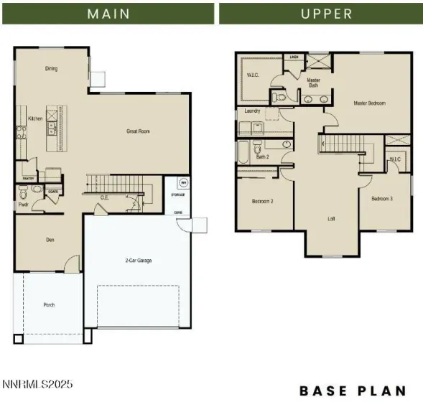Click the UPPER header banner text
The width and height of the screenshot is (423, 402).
tap(327, 13)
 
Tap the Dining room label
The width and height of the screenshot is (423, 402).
tap(51, 69)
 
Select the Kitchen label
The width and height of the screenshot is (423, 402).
tap(35, 118)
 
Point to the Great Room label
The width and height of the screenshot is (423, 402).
tap(138, 131)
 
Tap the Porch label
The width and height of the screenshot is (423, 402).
tap(49, 305)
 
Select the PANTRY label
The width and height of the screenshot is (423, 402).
tap(29, 179)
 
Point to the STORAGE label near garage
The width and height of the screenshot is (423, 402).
tap(178, 195)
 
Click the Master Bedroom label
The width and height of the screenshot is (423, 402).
tap(369, 103)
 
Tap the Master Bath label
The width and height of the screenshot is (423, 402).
tap(314, 83)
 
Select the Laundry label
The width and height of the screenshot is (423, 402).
tap(252, 111)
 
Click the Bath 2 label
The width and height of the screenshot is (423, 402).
tap(263, 156)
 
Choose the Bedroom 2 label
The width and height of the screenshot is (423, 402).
tap(262, 201)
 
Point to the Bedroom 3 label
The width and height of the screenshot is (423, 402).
tap(381, 198)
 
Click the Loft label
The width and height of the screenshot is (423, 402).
tap(332, 219)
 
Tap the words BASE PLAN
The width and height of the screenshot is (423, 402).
tap(353, 391)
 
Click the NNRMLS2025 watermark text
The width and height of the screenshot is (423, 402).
tap(37, 385)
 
